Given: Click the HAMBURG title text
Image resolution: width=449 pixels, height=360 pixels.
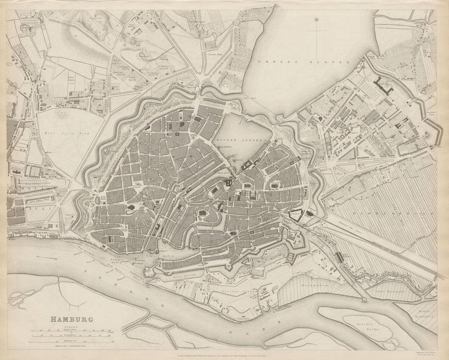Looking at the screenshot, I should coord(71,320).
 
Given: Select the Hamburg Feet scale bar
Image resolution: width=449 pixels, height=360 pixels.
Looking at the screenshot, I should coord(72,342).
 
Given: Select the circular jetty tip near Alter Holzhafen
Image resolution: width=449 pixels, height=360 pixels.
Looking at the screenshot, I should coord(365,299).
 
